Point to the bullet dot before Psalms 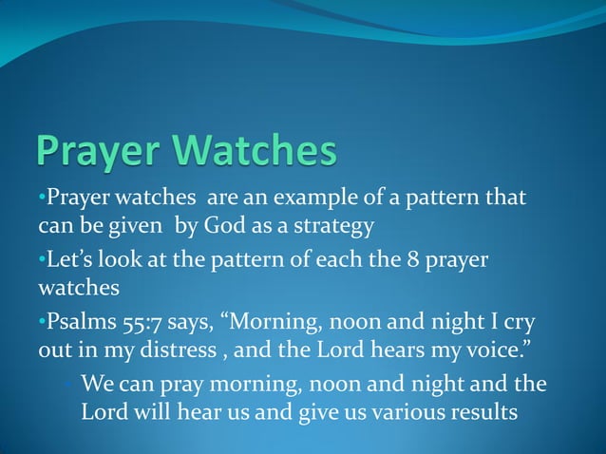click(x=42, y=321)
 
